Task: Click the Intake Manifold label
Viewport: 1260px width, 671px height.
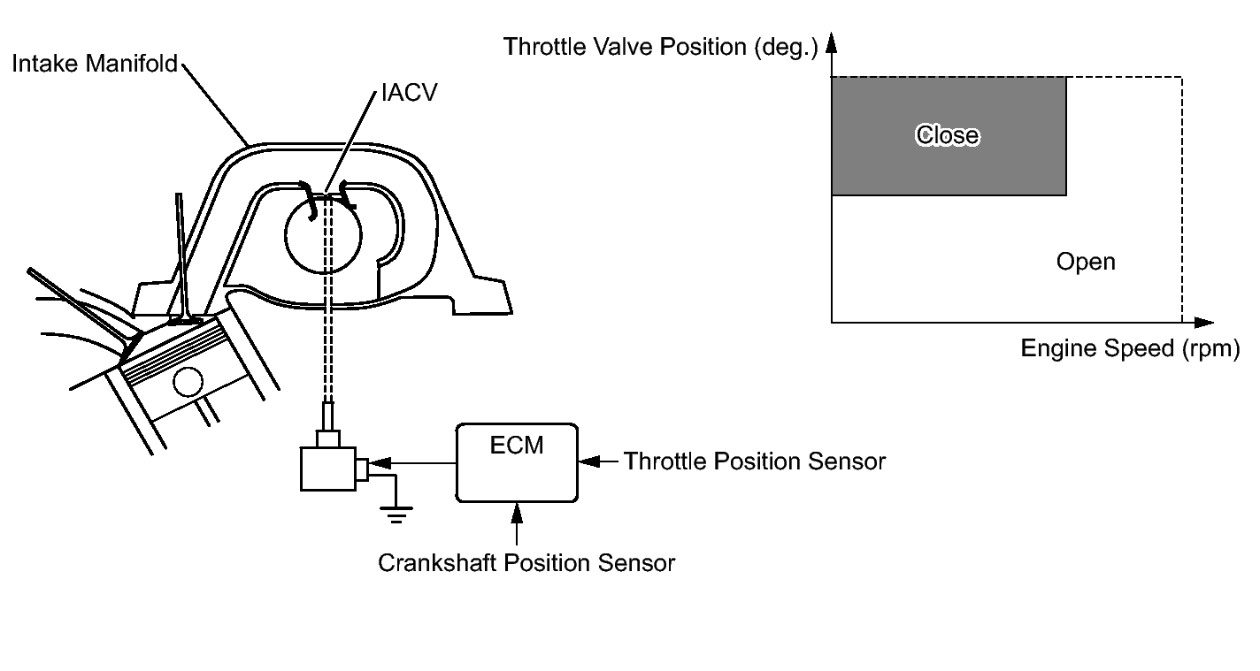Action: [95, 64]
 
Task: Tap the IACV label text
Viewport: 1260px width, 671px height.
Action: [408, 93]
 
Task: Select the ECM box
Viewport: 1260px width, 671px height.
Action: [517, 461]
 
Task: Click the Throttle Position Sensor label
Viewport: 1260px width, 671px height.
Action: [755, 461]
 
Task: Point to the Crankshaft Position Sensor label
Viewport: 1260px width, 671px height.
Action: [526, 563]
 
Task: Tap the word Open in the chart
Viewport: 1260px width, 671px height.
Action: [1086, 263]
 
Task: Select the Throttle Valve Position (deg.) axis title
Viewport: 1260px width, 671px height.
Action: [661, 47]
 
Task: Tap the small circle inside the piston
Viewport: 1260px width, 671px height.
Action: [188, 383]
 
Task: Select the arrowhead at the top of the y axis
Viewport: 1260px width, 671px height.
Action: [832, 44]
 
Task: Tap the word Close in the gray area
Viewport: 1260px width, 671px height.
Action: [948, 135]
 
